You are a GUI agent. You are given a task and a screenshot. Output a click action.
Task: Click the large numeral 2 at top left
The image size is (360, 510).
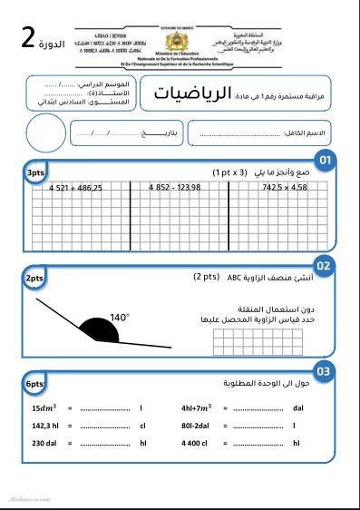[x=29, y=38]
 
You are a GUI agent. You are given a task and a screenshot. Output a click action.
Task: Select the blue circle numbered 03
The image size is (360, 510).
[x=324, y=371]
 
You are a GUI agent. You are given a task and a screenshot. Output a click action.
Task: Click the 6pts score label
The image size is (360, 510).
[x=34, y=385]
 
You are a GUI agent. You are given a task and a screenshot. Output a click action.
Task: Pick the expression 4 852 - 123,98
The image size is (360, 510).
[x=175, y=188]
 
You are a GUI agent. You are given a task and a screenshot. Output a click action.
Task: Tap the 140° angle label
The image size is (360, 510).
[x=120, y=318]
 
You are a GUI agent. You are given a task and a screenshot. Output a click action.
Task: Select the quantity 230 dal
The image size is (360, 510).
[x=46, y=443]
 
